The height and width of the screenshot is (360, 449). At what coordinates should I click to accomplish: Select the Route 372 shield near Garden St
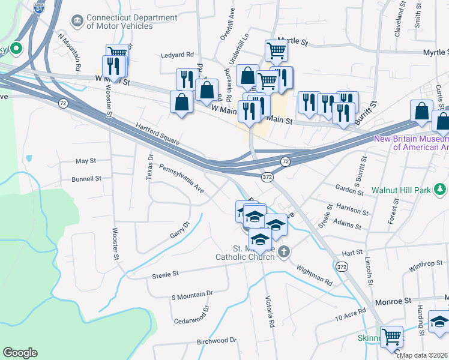coord(268,177)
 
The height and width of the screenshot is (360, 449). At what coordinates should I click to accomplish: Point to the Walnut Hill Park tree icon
coord(441,190)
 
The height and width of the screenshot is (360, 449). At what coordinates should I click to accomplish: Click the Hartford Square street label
coord(158,135)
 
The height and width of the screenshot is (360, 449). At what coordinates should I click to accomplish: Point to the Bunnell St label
coord(86,179)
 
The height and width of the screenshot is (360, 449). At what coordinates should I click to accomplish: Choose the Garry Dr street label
coord(179,229)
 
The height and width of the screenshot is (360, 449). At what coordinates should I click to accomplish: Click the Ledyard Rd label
coord(178,55)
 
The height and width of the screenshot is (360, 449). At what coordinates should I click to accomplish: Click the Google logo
coord(20,353)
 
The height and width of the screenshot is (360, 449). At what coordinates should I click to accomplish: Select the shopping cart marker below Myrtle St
coord(276,52)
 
